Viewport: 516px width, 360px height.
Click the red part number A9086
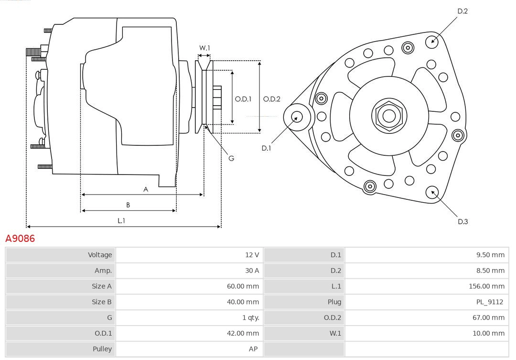(x=20, y=238)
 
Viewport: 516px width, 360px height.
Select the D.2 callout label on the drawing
(x=462, y=11)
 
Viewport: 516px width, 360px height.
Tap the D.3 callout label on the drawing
(x=462, y=221)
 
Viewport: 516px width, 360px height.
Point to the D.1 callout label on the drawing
(x=266, y=148)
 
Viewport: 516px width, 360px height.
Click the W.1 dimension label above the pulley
(x=204, y=48)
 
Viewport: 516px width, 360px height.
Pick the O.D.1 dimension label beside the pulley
(x=243, y=99)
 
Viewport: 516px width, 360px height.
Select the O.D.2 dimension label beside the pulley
(x=272, y=99)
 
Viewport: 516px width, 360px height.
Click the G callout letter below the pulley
(x=231, y=158)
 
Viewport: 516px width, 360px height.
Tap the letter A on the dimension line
(x=146, y=189)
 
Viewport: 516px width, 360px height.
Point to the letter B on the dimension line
(x=128, y=205)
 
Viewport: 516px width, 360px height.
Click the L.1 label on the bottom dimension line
(x=121, y=220)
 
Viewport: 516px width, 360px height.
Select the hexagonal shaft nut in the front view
(x=389, y=116)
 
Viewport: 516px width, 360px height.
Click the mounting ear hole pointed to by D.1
(x=296, y=117)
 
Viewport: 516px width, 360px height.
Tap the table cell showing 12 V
(x=252, y=255)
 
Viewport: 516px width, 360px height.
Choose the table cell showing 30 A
(x=252, y=271)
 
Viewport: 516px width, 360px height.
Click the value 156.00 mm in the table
(x=486, y=286)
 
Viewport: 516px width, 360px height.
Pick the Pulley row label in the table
(x=102, y=349)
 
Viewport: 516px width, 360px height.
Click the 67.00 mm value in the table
(x=488, y=317)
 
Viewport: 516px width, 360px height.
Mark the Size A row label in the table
(x=101, y=286)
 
